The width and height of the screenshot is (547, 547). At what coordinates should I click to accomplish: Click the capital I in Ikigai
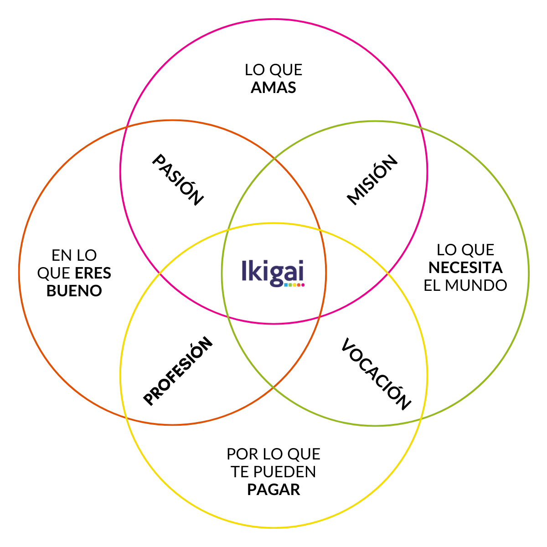[x=243, y=270]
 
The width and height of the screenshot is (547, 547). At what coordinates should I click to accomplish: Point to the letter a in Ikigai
[x=290, y=273]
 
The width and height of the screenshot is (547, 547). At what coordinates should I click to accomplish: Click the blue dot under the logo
[x=285, y=285]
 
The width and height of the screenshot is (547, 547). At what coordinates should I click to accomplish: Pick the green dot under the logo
[x=290, y=285]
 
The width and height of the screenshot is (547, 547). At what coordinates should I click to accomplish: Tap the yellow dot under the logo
[x=294, y=285]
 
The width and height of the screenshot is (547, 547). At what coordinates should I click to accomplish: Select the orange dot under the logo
[x=299, y=285]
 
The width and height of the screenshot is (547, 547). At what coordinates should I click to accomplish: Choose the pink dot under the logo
[x=303, y=285]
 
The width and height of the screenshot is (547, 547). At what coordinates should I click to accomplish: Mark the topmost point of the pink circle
[x=273, y=19]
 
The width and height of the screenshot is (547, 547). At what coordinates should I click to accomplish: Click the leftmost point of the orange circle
[x=19, y=273]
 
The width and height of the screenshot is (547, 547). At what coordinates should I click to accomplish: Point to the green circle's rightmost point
[x=529, y=273]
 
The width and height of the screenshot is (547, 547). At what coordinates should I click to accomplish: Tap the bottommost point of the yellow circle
[x=273, y=529]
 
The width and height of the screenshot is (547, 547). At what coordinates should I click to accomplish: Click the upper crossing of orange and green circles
[x=273, y=159]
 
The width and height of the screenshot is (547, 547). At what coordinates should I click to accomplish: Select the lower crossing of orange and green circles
[x=273, y=388]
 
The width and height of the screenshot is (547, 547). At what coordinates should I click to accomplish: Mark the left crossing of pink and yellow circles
[x=160, y=273]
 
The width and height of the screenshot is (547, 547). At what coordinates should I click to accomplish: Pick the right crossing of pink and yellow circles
[x=388, y=273]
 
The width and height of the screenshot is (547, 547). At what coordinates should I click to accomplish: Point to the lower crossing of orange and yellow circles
[x=126, y=417]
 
